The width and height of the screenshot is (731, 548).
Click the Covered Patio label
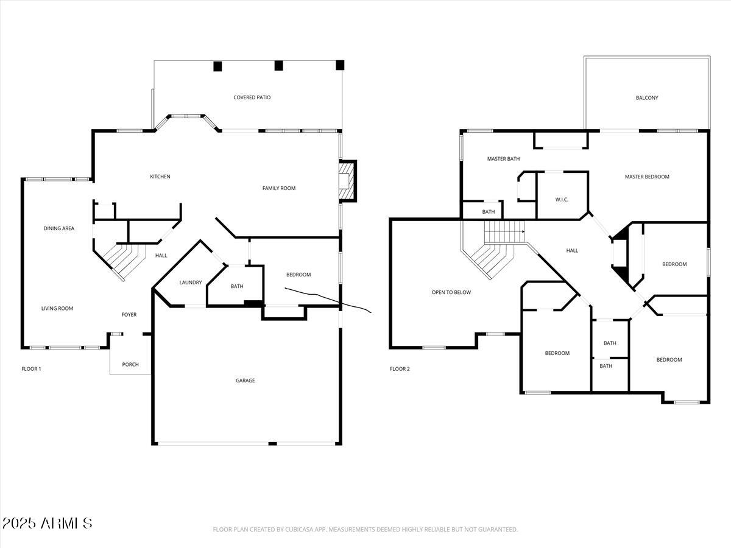pos(252,97)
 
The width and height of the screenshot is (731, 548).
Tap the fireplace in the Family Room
pos(347,181)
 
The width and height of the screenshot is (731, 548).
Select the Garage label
pos(245,381)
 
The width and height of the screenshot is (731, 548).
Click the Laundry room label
pos(190,283)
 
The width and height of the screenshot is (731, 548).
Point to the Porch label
pos(130,365)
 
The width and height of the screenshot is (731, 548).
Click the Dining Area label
pos(59,228)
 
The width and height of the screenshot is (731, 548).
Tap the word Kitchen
pos(160,177)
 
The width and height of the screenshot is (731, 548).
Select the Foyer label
pos(129,315)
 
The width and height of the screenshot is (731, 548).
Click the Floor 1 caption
pos(31,369)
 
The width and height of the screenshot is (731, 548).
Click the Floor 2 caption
pos(400,369)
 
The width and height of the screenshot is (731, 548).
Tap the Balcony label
pos(646,98)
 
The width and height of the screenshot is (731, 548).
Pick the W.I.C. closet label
pos(562,200)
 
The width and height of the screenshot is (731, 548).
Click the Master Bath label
pos(503,159)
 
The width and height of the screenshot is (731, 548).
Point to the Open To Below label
pos(451,292)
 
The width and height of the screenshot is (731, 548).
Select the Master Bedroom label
pos(646,177)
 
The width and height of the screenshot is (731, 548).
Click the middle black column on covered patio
pos(278,66)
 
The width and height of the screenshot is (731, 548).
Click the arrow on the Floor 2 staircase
pos(523,231)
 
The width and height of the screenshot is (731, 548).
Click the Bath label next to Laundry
pos(236,286)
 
